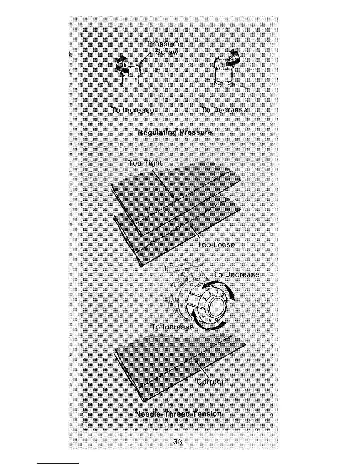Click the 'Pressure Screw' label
163,48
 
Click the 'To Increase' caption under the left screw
133,110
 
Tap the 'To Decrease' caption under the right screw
224,110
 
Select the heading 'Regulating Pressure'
175,132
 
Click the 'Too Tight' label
145,163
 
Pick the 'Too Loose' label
216,245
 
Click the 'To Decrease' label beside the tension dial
236,274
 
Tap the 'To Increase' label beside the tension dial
172,327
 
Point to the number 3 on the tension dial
217,292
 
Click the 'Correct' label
210,382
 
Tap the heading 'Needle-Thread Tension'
178,414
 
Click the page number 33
178,442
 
